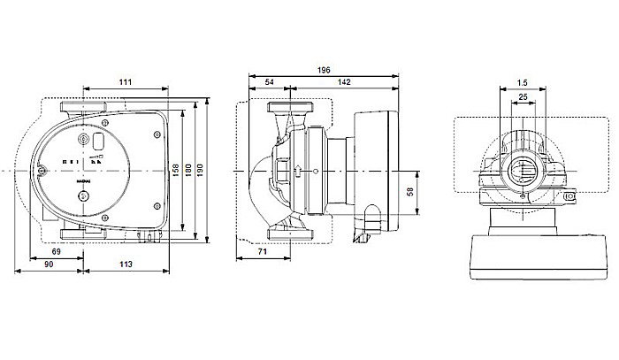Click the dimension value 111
[x=126, y=81]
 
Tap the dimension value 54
[x=269, y=81]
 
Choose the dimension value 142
[x=338, y=81]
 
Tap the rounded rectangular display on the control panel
[x=101, y=142]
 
